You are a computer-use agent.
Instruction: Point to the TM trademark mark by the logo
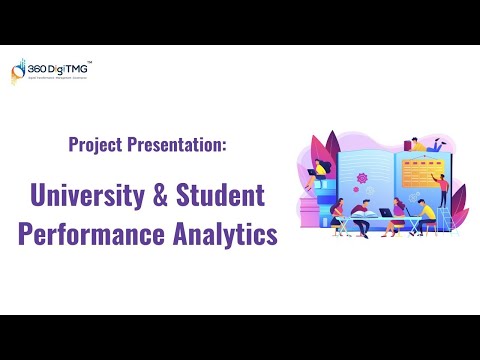point(91,61)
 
